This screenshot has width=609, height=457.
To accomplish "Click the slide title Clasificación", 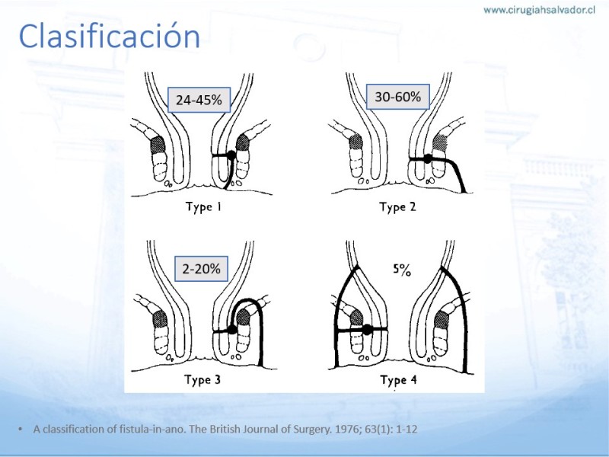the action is point(109,36).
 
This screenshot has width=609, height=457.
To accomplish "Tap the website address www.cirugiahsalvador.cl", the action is point(539,10).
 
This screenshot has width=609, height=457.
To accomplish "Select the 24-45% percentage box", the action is point(199,100).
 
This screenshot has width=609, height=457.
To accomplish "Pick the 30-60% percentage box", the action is point(397,97).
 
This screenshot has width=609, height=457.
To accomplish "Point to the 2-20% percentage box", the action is point(201,269).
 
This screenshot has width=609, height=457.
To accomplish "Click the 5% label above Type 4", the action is point(402,270).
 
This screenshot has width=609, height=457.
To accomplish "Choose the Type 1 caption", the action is point(203,206).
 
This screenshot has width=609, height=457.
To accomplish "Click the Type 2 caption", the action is point(397,206).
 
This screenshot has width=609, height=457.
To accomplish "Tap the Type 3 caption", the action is point(202,379).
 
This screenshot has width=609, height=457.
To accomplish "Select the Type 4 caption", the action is point(398,379).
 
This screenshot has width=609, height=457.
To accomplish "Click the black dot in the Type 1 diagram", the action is point(231,155).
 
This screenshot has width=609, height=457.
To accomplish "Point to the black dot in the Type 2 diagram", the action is point(428,158).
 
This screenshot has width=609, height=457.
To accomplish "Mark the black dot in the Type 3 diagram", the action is point(232,330).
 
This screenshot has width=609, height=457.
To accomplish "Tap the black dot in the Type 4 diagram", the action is point(367,330).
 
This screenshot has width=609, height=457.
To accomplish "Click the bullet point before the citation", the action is point(21,429).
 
